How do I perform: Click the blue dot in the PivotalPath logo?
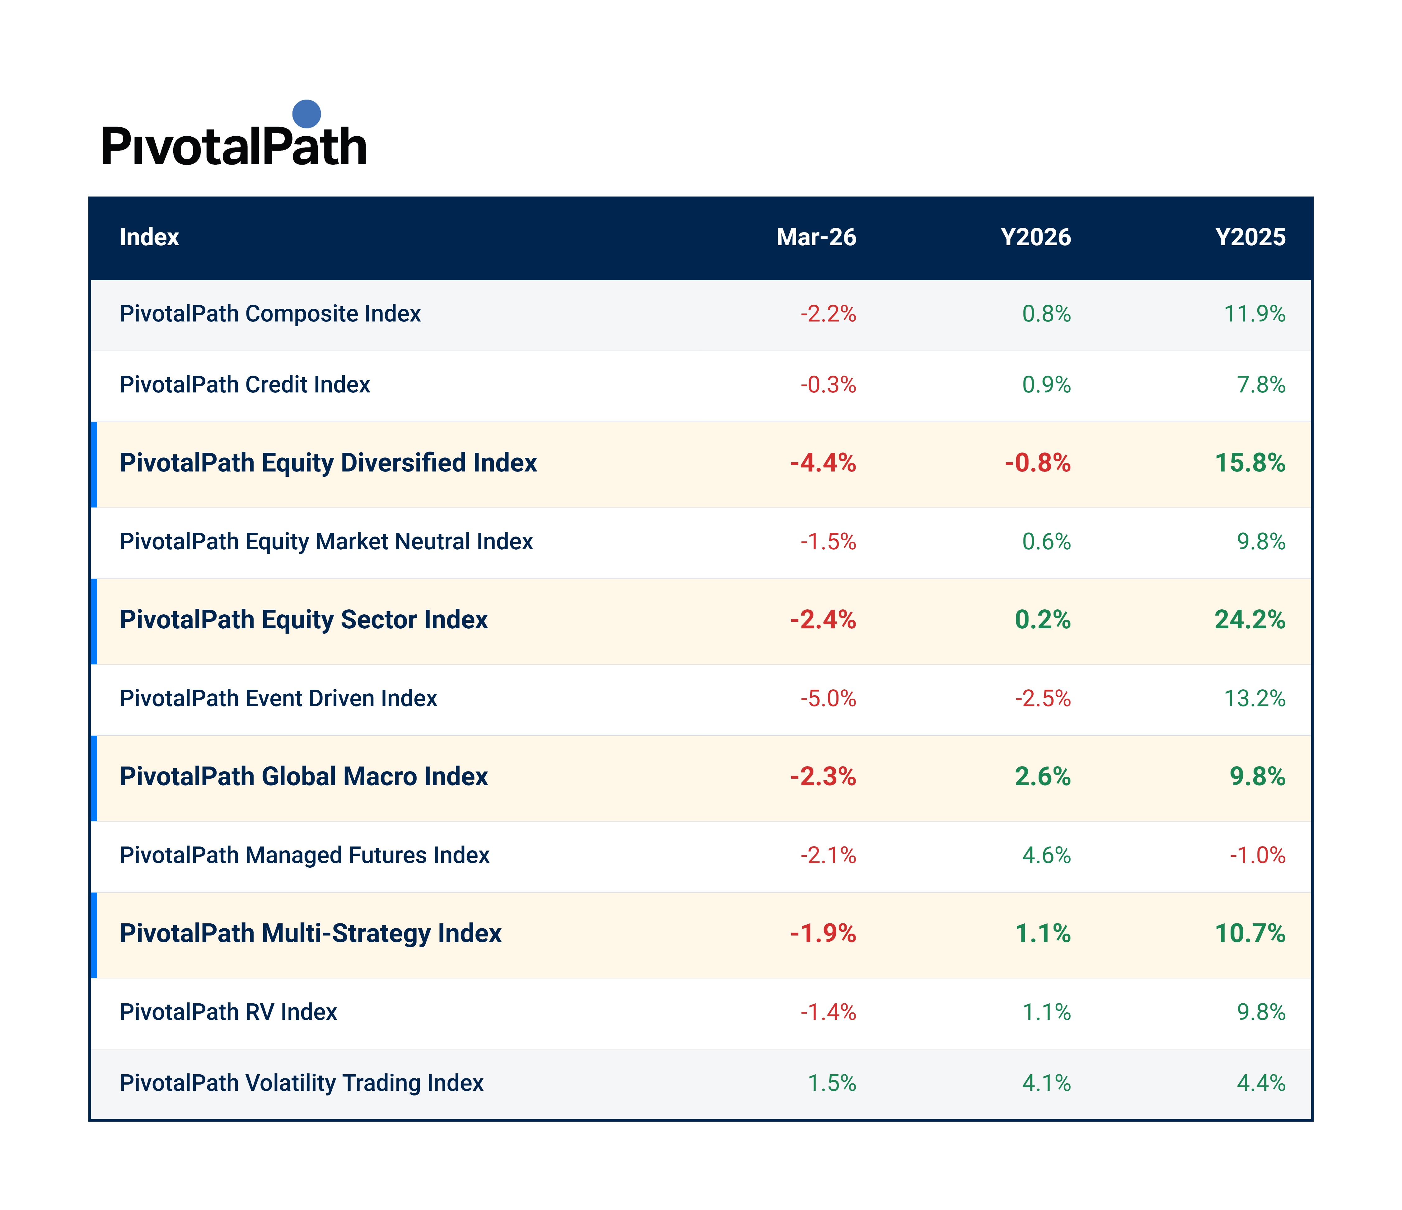pos(306,114)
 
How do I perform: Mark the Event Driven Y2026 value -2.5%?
pos(1043,698)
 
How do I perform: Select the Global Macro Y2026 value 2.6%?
pos(1043,777)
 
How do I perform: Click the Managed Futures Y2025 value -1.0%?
pos(1257,856)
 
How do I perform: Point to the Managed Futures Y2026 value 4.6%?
pos(1046,856)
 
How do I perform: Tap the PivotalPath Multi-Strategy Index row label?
pos(311,934)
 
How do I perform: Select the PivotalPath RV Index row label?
pos(228,1012)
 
